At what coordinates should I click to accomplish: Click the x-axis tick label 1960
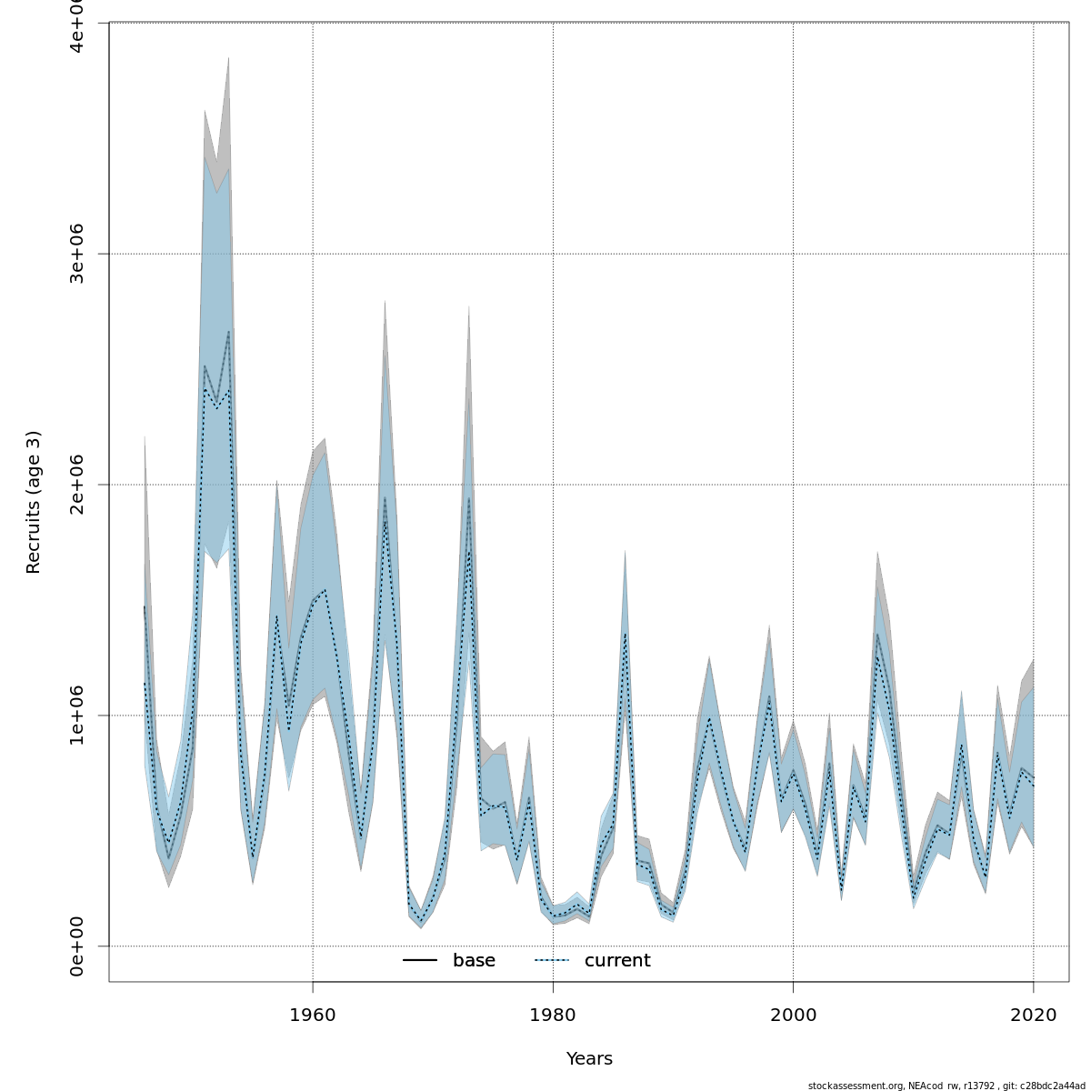coord(313,1015)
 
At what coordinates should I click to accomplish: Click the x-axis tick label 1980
coord(553,1015)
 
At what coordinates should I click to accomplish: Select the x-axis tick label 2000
coord(793,1015)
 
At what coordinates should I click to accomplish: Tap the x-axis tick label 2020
coord(1033,1015)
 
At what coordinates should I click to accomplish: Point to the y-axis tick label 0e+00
coord(77,946)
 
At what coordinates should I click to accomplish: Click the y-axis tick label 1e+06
coord(77,716)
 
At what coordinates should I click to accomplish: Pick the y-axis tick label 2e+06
coord(77,485)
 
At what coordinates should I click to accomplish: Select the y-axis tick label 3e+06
coord(77,254)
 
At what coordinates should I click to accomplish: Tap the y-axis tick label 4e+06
coord(77,25)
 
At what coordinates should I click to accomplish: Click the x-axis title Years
coord(589,1059)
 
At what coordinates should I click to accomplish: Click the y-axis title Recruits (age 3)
coord(34,502)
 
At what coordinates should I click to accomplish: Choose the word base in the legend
coord(474,961)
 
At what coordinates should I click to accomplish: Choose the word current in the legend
coord(617,961)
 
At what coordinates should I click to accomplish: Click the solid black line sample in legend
coord(420,961)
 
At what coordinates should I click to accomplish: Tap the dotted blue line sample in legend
coord(551,961)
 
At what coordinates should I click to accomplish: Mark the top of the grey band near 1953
coord(228,59)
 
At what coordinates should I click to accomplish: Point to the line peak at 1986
coord(626,634)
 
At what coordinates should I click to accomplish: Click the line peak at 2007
coord(877,634)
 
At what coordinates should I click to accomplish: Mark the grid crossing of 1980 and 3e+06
coord(553,254)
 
